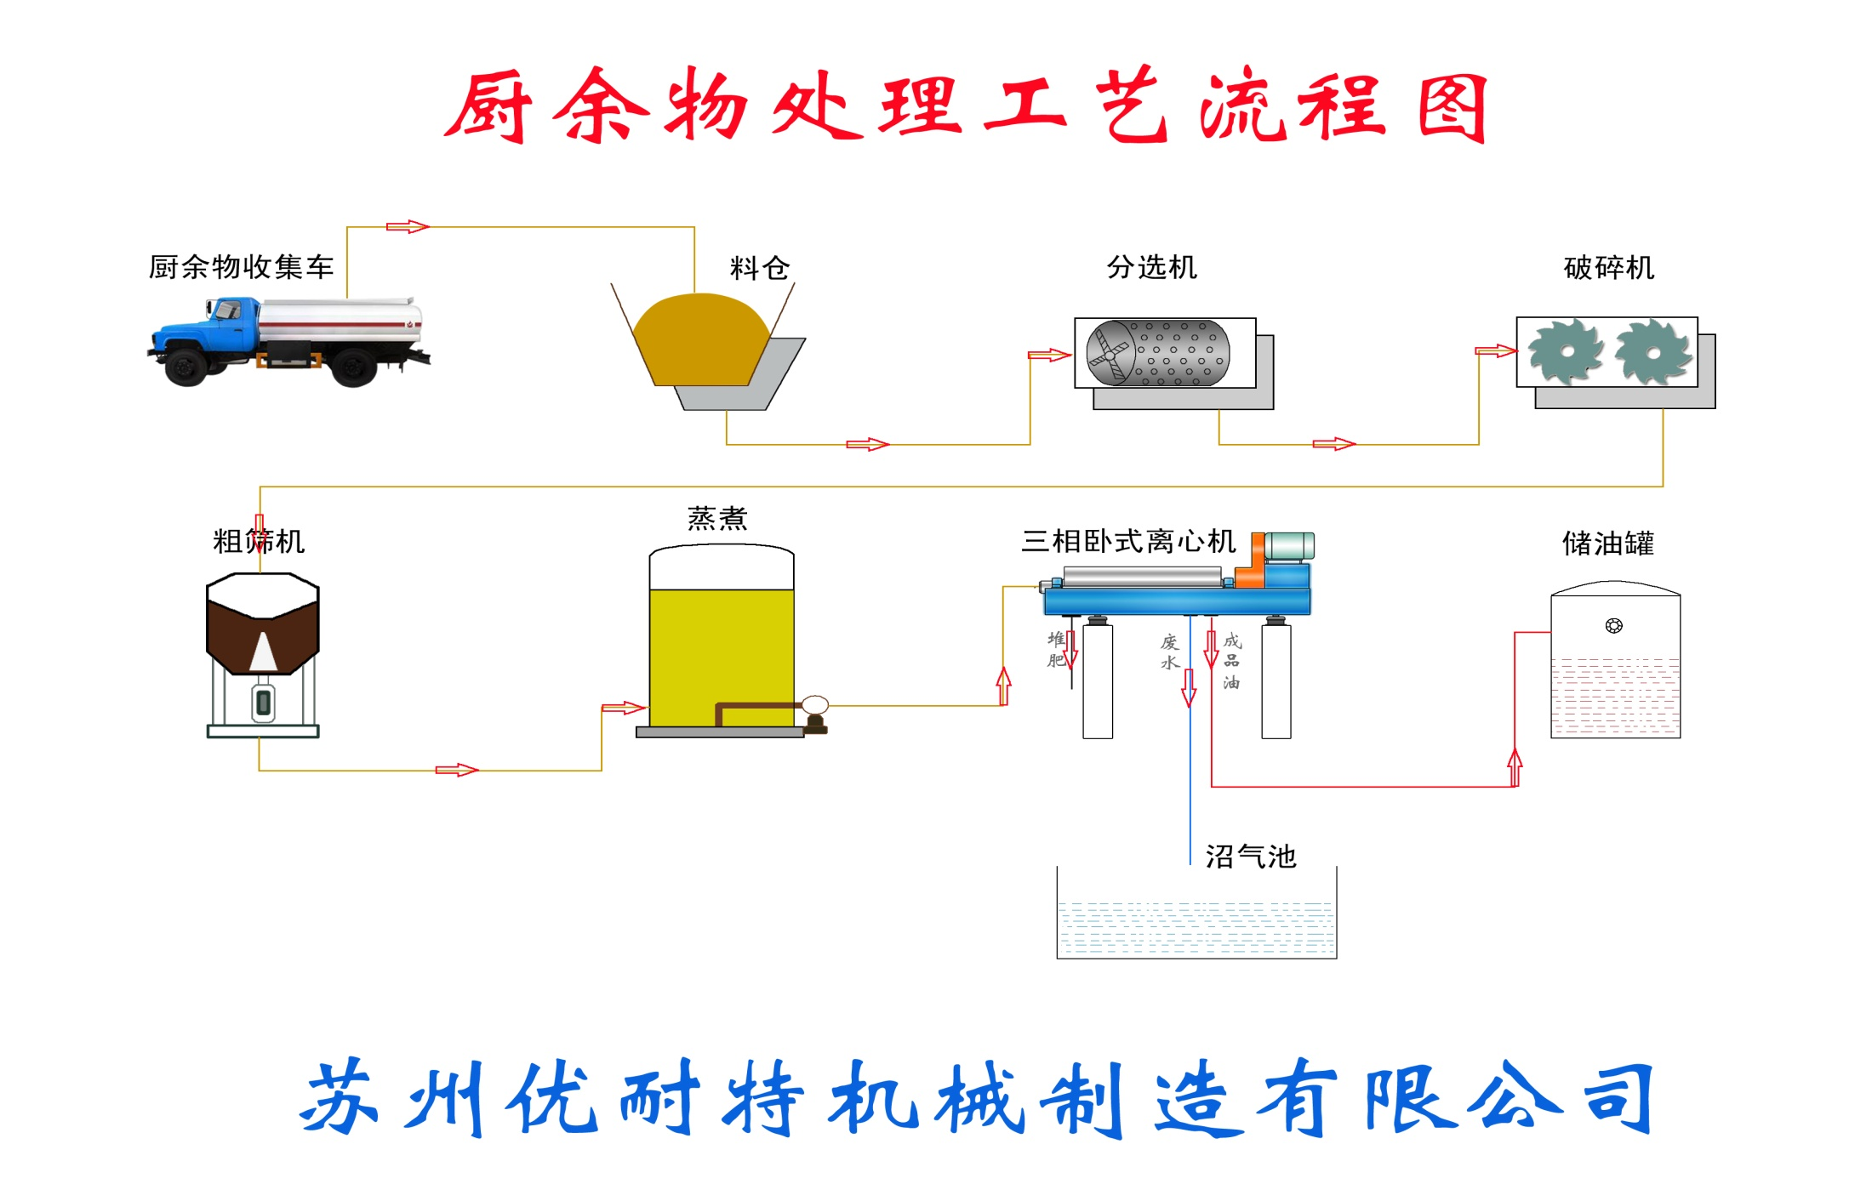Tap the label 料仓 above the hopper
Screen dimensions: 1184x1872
pos(759,269)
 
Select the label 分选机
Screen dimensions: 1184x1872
pos(1151,268)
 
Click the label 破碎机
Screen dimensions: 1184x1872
pos(1608,268)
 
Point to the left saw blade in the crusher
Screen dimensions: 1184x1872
pos(1565,352)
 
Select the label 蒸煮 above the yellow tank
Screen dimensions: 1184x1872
pos(717,518)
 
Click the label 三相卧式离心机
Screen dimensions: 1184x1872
pos(1128,541)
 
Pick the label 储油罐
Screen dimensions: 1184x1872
pos(1607,544)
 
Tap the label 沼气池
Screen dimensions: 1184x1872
pos(1250,857)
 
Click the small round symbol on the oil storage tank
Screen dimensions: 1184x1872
pos(1613,626)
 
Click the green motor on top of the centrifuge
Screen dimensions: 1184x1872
pos(1289,546)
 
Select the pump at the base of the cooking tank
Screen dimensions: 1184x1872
pos(814,713)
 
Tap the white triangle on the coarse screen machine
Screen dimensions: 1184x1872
pos(263,653)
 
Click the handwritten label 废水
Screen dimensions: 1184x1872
pos(1170,652)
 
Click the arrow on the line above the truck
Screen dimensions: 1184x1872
pos(408,226)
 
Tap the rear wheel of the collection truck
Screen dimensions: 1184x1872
pos(352,367)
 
